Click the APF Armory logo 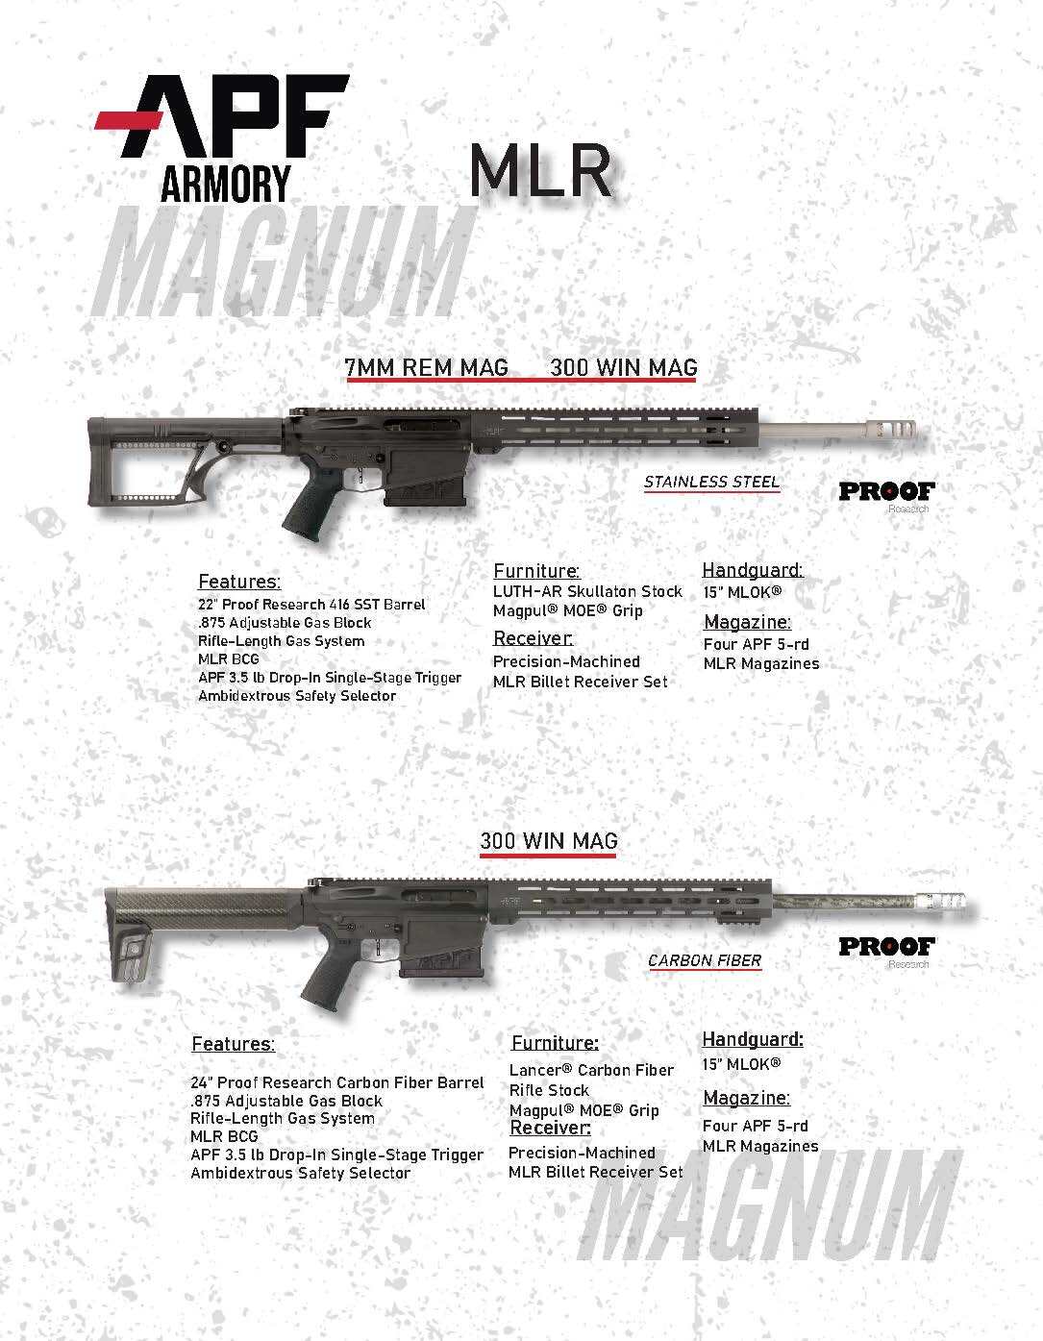(221, 137)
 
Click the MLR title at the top (541, 170)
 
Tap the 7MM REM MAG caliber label (427, 368)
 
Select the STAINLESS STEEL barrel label (711, 482)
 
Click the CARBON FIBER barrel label (705, 960)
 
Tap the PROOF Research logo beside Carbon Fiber (886, 949)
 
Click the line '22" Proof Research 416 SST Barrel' (311, 605)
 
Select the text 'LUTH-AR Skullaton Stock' (587, 591)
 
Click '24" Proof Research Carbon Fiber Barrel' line (336, 1082)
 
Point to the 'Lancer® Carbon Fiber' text (591, 1070)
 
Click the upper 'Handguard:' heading (752, 569)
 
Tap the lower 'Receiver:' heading (550, 1128)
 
